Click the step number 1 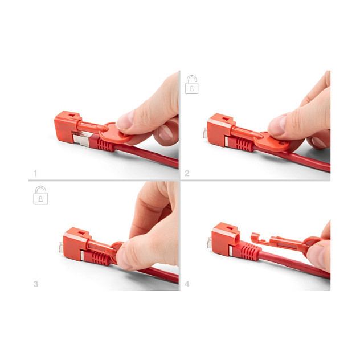tap(35, 173)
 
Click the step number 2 tap(187, 173)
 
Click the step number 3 tap(36, 284)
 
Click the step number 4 tap(187, 284)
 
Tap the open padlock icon tap(192, 84)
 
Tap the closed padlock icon tap(40, 195)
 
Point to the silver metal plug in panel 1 tap(81, 138)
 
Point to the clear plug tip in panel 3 tap(61, 247)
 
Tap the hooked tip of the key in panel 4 tap(255, 238)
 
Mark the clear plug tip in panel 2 tap(205, 133)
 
